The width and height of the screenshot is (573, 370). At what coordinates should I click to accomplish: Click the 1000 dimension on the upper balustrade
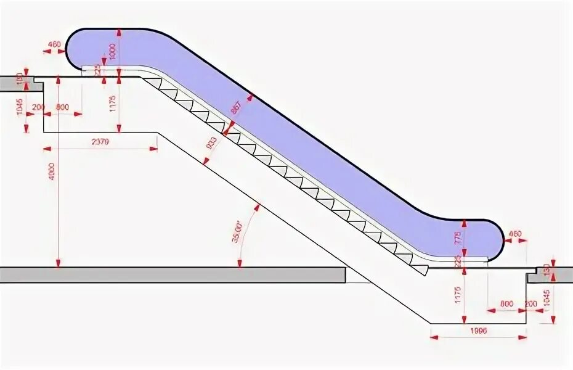pos(112,53)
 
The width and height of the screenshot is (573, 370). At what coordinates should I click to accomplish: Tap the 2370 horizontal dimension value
pos(100,141)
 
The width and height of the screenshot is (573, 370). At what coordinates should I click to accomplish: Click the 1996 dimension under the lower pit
pos(478,331)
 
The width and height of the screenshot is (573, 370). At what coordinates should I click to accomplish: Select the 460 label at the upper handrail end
pos(54,44)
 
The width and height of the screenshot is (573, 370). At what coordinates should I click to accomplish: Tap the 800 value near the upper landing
pos(62,107)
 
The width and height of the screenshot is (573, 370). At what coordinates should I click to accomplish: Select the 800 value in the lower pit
pos(506,303)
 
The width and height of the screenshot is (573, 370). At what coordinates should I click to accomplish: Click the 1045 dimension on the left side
pos(20,107)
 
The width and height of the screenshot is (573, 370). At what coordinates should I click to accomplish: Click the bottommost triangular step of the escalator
pos(421,268)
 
